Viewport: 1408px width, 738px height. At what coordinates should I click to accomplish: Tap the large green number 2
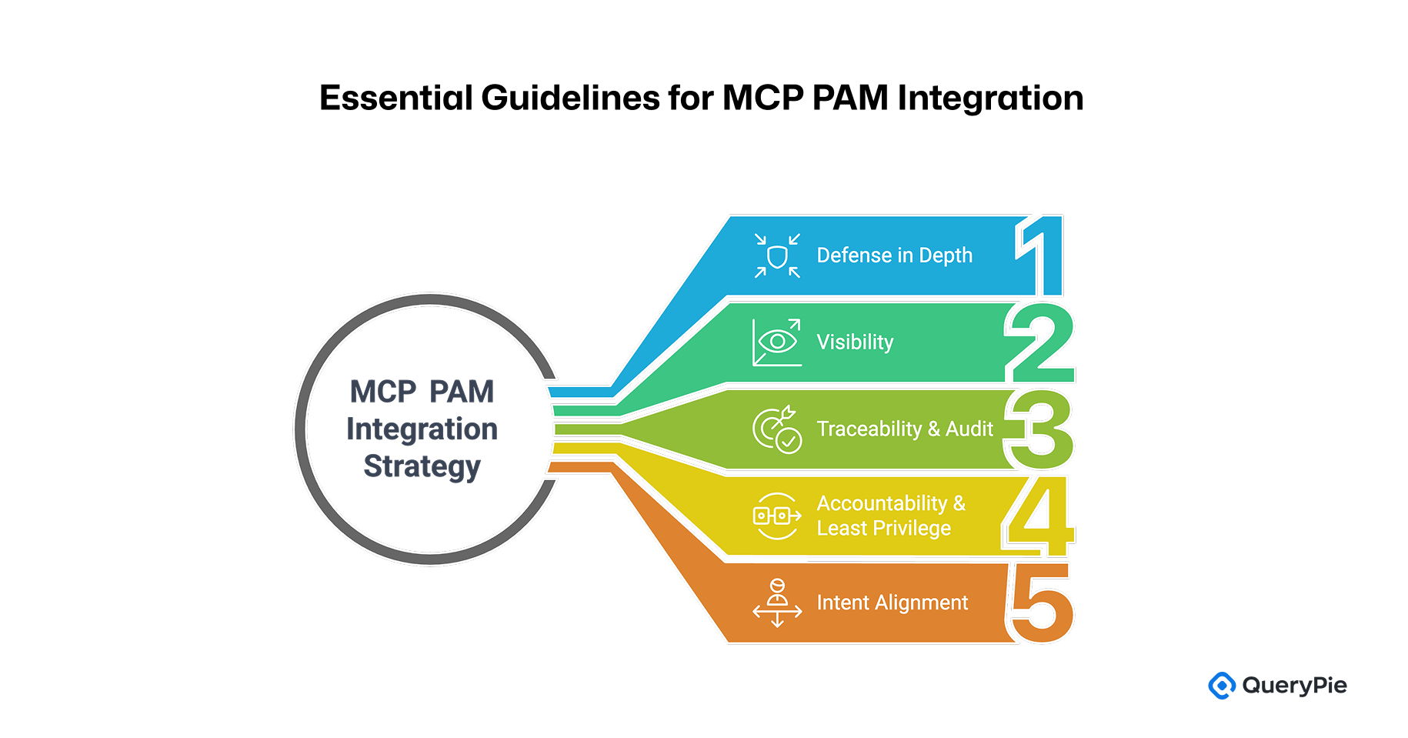[1040, 343]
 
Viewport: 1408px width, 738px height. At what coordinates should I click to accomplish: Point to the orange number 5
[1040, 603]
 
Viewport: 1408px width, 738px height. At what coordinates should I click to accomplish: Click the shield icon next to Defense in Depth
[777, 255]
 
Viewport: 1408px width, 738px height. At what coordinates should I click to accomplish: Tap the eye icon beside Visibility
[777, 342]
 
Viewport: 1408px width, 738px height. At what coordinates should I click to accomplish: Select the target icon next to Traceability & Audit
[777, 429]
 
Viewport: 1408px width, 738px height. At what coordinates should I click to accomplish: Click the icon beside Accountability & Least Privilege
[777, 516]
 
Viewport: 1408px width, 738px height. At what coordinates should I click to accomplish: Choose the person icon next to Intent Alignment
[777, 603]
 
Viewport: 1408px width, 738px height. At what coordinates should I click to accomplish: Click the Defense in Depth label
[894, 255]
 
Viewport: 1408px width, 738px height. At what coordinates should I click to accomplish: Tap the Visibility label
[855, 342]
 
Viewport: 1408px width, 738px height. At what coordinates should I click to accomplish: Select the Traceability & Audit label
[905, 429]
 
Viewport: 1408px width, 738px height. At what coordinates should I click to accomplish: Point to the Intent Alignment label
[892, 603]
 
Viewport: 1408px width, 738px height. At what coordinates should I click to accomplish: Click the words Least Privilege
[883, 529]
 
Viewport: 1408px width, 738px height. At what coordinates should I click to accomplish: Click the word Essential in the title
[396, 99]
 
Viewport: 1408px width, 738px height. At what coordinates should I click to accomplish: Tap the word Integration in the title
[990, 99]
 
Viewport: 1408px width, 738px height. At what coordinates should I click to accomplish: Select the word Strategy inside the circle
[422, 466]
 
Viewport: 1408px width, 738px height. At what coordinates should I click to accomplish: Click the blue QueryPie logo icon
[1221, 685]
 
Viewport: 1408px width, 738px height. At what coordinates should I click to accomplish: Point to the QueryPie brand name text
[1294, 685]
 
